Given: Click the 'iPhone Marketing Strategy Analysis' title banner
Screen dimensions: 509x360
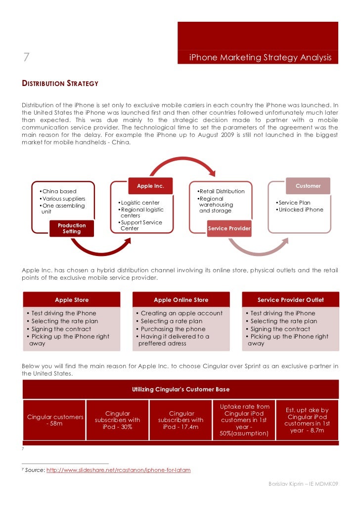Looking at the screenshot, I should point(260,58).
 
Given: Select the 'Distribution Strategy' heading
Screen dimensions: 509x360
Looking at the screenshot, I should point(60,84).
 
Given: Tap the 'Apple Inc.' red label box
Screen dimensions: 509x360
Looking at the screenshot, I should point(150,186).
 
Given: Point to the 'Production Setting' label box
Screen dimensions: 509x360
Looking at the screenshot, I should point(72,228).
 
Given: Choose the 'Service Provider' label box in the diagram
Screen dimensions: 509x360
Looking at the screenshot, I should point(229,228).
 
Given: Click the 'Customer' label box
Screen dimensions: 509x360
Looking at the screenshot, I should point(308,186).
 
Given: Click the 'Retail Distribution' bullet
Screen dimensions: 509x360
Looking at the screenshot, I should point(221,191).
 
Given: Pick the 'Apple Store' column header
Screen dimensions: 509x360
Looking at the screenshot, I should point(72,299).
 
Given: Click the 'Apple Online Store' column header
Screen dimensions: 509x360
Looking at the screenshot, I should point(181,299).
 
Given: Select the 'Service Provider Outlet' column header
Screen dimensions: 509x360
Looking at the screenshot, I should point(291,299).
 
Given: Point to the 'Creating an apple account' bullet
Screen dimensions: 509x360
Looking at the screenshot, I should point(181,313).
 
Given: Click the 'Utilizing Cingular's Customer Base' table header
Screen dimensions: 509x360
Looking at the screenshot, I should point(180,389).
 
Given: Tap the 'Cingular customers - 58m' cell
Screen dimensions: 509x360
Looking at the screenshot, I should point(54,420).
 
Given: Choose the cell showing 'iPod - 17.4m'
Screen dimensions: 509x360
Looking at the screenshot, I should point(180,420).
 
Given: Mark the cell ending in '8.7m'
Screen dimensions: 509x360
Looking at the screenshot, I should point(307,420).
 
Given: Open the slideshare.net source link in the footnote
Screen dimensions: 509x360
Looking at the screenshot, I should point(118,470).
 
